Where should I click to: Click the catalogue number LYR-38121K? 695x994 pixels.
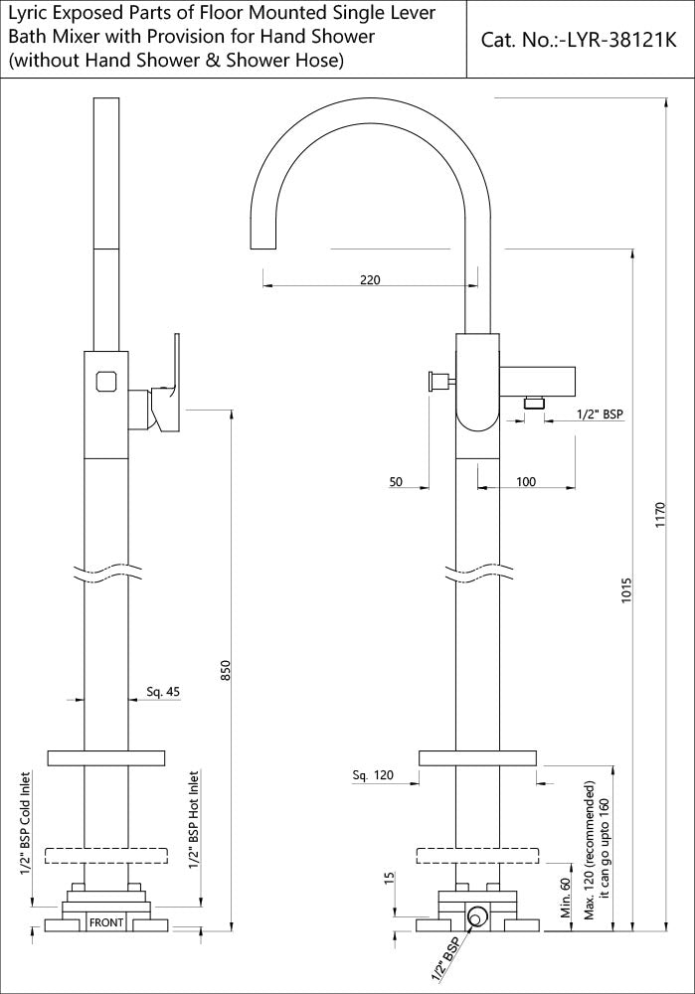click(x=578, y=41)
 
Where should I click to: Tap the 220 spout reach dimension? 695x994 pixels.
click(x=369, y=280)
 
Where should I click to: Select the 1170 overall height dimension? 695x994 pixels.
click(x=660, y=516)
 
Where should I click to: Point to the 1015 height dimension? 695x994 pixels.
click(x=626, y=590)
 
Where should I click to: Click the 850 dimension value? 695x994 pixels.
click(x=226, y=672)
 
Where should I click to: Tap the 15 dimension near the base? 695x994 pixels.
click(x=389, y=881)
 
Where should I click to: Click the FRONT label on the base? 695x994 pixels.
click(x=106, y=923)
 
